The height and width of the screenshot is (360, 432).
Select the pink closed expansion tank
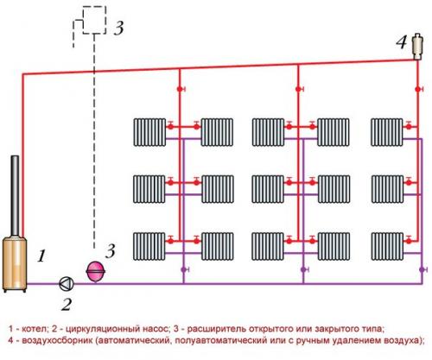point(93,271)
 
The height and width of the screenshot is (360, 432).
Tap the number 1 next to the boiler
point(40,256)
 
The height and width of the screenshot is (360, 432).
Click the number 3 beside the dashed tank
point(118,27)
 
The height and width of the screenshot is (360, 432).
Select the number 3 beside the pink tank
point(110,252)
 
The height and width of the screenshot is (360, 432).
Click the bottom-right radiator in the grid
point(386,244)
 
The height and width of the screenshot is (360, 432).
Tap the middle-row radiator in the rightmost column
point(386,187)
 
